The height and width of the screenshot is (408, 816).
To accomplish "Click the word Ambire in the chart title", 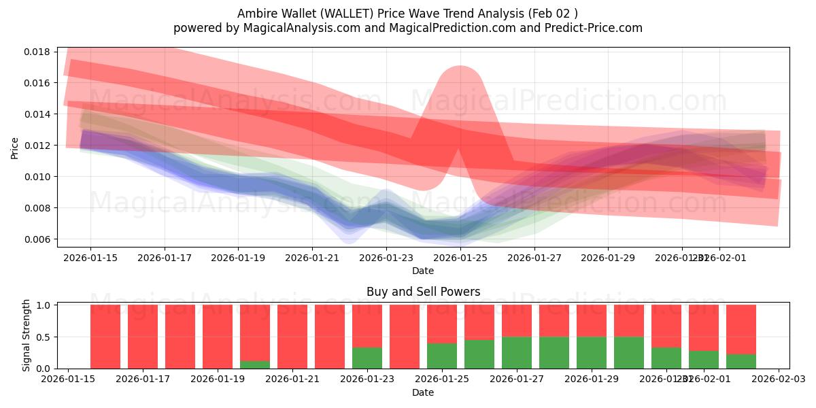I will tap(256, 14).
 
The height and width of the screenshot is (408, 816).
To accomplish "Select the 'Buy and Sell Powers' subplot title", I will tap(423, 292).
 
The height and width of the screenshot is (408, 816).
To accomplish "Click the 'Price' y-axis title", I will tap(15, 148).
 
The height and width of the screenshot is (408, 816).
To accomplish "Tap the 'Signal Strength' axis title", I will tap(26, 335).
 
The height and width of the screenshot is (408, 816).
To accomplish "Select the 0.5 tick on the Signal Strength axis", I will tap(43, 337).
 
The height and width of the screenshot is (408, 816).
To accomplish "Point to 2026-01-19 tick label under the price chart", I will tap(238, 258).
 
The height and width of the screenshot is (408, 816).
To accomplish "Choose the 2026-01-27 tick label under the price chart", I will tap(534, 258).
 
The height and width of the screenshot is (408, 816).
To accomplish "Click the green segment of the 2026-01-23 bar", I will tap(367, 358).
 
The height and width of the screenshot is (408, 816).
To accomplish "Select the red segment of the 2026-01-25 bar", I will tap(442, 324).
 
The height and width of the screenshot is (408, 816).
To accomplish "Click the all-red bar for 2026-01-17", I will tap(143, 337).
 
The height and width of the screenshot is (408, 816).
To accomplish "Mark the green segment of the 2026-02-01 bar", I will tap(704, 360).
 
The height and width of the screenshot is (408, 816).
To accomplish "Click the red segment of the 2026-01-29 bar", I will tap(592, 320).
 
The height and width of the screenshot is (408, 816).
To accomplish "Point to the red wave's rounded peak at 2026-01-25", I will tap(460, 75).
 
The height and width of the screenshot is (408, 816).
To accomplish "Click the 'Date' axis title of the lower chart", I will tap(423, 392).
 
